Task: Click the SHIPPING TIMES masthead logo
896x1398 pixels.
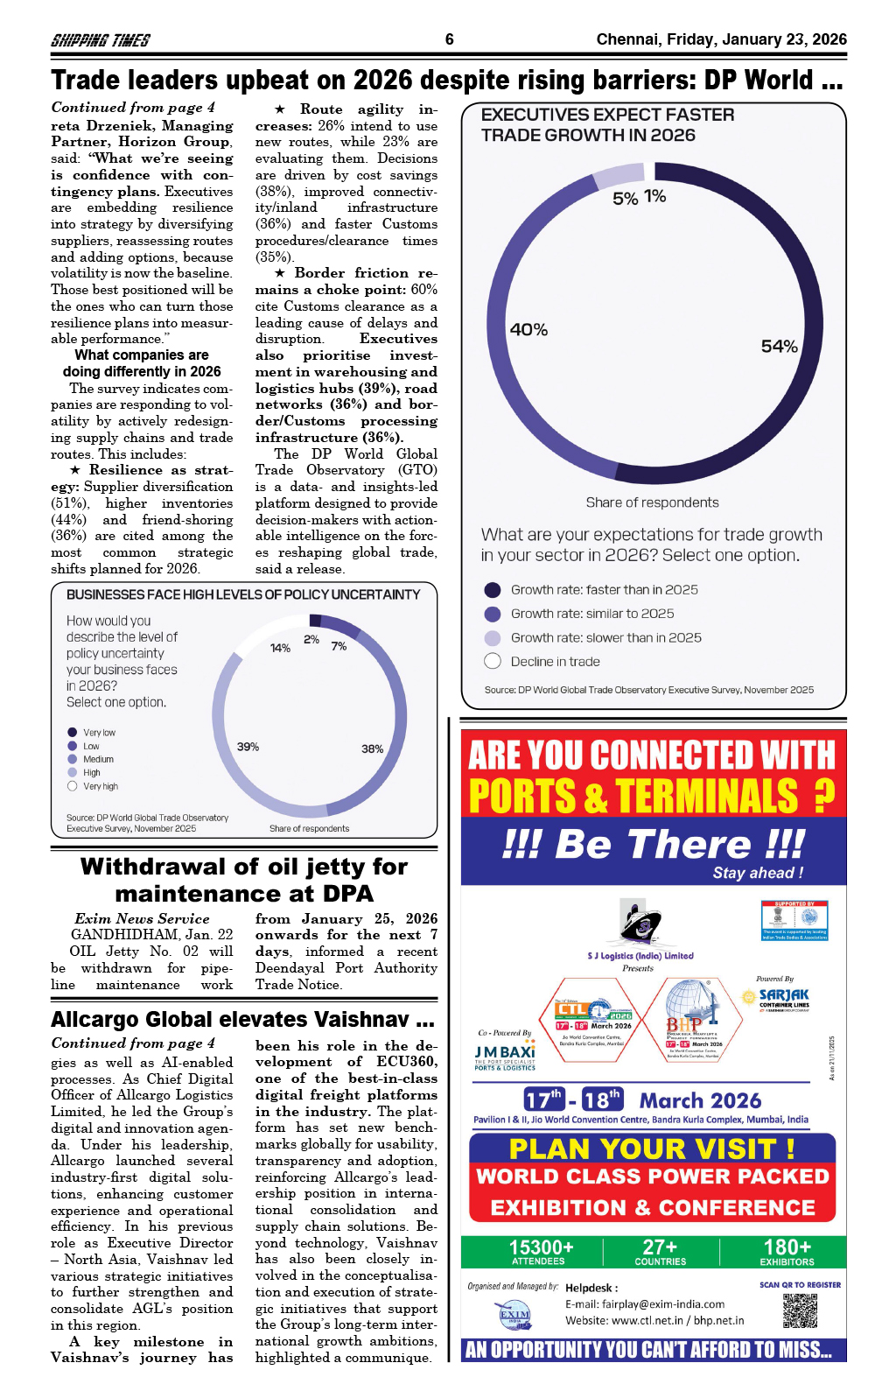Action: tap(100, 40)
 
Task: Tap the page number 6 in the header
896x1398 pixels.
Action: tap(449, 39)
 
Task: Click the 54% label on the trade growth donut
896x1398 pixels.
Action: tap(779, 347)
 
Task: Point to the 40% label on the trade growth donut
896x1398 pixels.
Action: tap(528, 330)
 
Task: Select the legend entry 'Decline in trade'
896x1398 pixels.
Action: tap(555, 662)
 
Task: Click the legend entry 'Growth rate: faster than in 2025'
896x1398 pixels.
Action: tap(604, 590)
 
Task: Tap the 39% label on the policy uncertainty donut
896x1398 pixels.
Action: tap(248, 747)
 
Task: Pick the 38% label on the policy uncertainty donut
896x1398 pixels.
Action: tap(372, 748)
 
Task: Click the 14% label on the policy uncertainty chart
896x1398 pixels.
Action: tap(280, 648)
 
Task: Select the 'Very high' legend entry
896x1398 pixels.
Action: tap(100, 786)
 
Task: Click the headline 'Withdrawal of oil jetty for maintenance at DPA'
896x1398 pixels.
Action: tap(244, 880)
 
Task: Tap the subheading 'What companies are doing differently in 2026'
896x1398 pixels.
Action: tap(142, 363)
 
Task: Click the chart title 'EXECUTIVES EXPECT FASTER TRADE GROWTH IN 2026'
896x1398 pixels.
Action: tap(608, 125)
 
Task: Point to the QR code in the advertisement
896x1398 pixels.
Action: tap(800, 1310)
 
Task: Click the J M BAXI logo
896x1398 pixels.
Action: tap(505, 1057)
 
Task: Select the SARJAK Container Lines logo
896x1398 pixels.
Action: tap(782, 996)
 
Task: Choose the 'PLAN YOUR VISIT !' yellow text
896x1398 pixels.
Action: tap(652, 1149)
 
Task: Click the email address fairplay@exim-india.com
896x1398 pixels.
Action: tap(645, 1304)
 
